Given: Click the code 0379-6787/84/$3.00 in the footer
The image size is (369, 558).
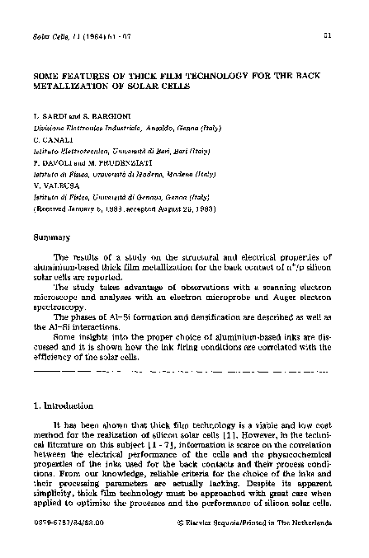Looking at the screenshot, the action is click(x=69, y=523).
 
